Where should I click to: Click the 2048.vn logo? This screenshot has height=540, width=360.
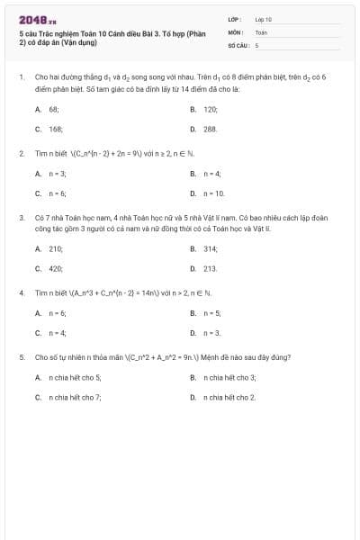[x=37, y=19]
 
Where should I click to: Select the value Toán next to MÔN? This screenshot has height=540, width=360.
[x=261, y=31]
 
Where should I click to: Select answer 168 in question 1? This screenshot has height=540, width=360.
[x=55, y=129]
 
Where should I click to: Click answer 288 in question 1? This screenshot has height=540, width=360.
[x=211, y=129]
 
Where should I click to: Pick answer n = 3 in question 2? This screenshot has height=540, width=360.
[x=57, y=173]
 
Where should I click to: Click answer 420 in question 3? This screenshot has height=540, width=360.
[x=55, y=268]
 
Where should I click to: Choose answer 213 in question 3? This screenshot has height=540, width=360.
[x=211, y=268]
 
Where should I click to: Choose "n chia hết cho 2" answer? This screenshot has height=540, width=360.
[x=229, y=397]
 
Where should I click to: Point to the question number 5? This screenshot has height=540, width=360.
[x=21, y=357]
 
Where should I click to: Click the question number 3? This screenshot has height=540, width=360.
[x=21, y=218]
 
